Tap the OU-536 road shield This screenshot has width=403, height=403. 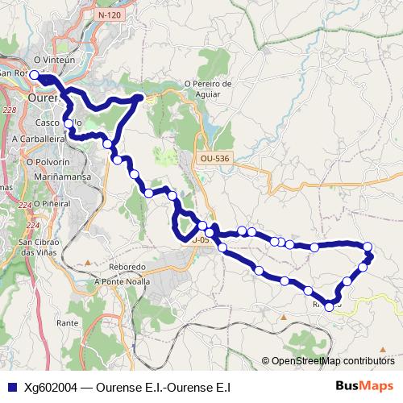(x=216, y=160)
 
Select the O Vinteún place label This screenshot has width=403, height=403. (x=54, y=60)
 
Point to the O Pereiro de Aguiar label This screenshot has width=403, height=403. (x=208, y=88)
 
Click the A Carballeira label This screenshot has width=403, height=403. (x=38, y=139)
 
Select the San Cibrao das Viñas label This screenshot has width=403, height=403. (x=38, y=247)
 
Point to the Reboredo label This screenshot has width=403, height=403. (x=125, y=266)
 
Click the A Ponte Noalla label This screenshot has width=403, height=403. (x=123, y=281)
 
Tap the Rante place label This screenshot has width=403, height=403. (x=68, y=323)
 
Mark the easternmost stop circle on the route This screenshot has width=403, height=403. (x=368, y=247)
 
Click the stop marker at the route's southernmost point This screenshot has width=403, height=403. (x=329, y=306)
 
